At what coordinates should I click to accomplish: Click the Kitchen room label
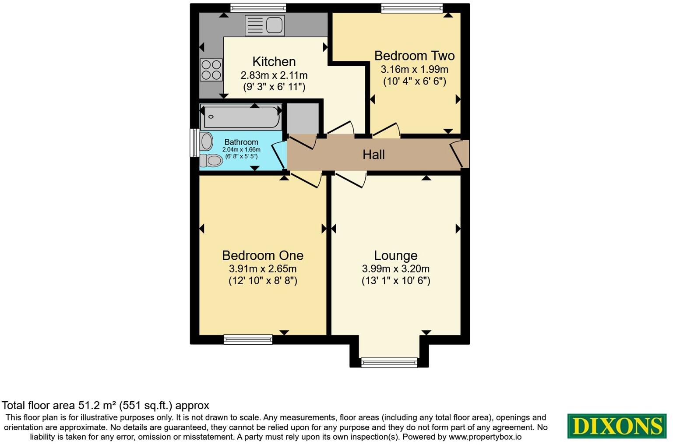click(x=274, y=62)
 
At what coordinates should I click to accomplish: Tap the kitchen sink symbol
click(x=264, y=25)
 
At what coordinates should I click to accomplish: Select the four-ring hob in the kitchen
click(x=211, y=70)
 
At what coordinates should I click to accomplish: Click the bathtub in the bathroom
click(x=241, y=117)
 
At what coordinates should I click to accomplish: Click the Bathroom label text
click(x=241, y=142)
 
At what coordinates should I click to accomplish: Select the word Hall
click(x=373, y=155)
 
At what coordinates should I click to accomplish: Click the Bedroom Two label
click(x=414, y=56)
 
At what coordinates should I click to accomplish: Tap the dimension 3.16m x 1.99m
click(x=414, y=69)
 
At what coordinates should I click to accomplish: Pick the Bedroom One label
click(x=263, y=255)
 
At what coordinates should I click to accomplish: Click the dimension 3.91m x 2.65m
click(x=263, y=268)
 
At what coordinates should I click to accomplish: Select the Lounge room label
click(x=395, y=255)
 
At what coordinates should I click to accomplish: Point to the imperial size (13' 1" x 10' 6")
click(x=395, y=281)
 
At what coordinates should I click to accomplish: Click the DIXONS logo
click(x=617, y=426)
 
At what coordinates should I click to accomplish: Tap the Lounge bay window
click(x=389, y=362)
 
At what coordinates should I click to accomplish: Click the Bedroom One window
click(x=248, y=339)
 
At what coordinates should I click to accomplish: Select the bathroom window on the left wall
click(x=193, y=142)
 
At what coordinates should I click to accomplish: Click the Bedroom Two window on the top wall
click(x=412, y=8)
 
